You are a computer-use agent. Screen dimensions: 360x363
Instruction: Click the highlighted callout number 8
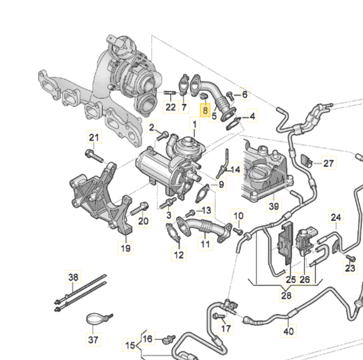tap(205, 110)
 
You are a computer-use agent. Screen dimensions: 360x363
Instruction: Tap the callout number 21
tap(94, 138)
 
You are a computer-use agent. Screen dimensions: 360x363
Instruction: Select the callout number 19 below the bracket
tap(125, 249)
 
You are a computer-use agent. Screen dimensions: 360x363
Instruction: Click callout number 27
tap(328, 164)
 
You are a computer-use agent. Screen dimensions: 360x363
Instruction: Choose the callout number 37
tap(94, 340)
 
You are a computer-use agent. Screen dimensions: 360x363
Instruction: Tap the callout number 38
tap(74, 278)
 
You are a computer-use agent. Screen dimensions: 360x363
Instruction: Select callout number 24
tap(337, 218)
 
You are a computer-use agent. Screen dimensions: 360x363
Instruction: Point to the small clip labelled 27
tap(308, 160)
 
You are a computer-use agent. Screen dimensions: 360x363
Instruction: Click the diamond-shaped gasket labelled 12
tap(171, 233)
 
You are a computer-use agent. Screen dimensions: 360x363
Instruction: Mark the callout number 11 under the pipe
tap(205, 244)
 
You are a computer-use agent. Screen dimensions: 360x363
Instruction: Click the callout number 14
tap(235, 170)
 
